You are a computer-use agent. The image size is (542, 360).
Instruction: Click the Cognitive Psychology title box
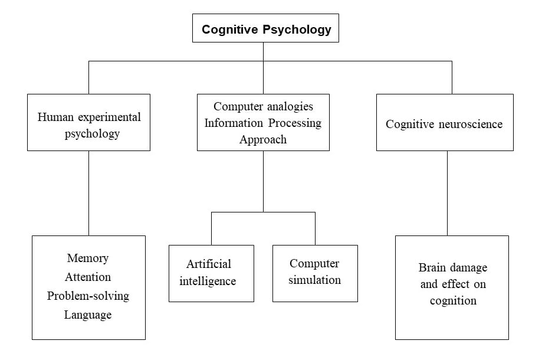coord(265,28)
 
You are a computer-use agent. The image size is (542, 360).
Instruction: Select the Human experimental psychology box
coord(88,122)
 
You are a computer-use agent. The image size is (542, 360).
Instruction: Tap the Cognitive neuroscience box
coord(444,122)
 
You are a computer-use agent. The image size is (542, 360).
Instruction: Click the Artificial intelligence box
coord(211,273)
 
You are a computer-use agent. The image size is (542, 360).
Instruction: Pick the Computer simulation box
coord(315,273)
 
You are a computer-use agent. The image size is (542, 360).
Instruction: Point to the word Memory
coord(88,258)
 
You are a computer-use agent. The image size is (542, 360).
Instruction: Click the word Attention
coord(88,277)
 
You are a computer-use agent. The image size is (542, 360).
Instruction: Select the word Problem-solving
coord(88,296)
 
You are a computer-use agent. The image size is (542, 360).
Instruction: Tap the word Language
coord(88,315)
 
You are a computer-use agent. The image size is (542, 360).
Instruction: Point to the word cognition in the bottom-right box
coord(453,300)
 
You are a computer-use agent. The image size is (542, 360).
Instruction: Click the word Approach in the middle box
coord(263,139)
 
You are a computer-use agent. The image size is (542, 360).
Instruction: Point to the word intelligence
coord(208,281)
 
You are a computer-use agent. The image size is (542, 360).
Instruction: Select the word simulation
coord(315,280)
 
